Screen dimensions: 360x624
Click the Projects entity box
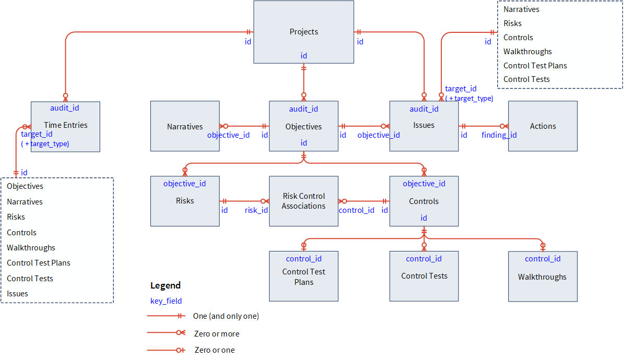click(x=304, y=32)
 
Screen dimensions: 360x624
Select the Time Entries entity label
click(x=66, y=125)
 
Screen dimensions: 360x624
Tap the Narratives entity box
click(x=185, y=126)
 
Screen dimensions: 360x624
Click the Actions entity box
click(x=543, y=126)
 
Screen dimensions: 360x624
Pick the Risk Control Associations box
click(x=304, y=201)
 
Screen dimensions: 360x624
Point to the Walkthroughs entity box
click(x=543, y=277)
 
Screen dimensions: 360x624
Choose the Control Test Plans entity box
click(x=304, y=277)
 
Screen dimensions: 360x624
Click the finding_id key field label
click(x=499, y=135)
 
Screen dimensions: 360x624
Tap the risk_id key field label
click(x=256, y=210)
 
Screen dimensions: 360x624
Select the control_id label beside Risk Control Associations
click(x=356, y=210)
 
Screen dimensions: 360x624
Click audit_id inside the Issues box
click(x=424, y=109)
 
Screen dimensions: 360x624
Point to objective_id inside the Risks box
click(x=185, y=184)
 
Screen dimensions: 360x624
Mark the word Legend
click(x=165, y=285)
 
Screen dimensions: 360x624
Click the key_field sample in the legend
click(x=166, y=301)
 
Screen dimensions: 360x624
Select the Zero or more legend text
click(x=216, y=334)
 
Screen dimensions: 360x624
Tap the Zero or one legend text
click(x=214, y=350)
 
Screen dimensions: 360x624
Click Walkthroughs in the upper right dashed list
click(x=527, y=52)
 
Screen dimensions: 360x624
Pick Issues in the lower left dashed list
click(x=17, y=294)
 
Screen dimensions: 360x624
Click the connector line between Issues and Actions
click(x=483, y=126)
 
